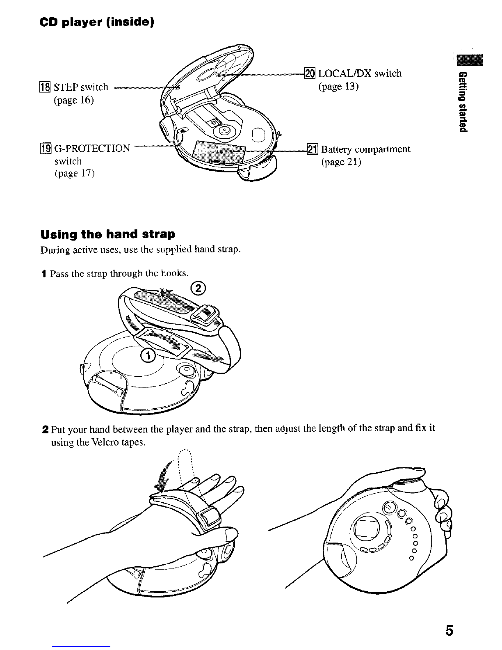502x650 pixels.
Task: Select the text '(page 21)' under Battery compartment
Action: (x=341, y=162)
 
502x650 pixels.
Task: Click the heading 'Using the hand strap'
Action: (x=107, y=234)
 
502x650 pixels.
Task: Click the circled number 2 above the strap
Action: (x=198, y=289)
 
